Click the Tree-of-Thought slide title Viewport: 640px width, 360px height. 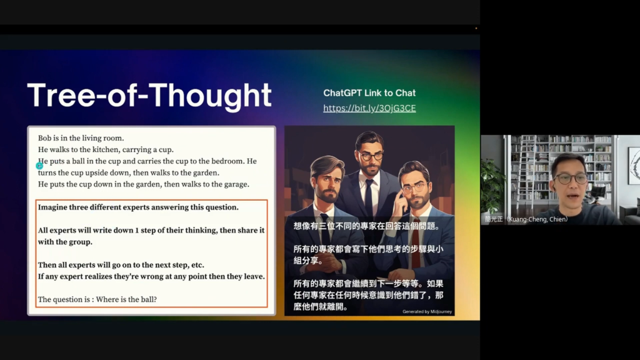(149, 96)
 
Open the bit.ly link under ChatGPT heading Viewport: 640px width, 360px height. (369, 108)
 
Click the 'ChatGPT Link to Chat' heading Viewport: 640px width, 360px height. (369, 93)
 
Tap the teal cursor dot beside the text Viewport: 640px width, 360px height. (39, 166)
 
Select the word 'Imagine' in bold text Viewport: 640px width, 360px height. (52, 207)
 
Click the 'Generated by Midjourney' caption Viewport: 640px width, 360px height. (427, 311)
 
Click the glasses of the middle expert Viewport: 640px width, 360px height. (371, 156)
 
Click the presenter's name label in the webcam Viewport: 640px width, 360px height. (526, 219)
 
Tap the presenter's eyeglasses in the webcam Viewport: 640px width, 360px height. (571, 178)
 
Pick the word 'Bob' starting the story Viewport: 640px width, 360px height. (44, 138)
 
